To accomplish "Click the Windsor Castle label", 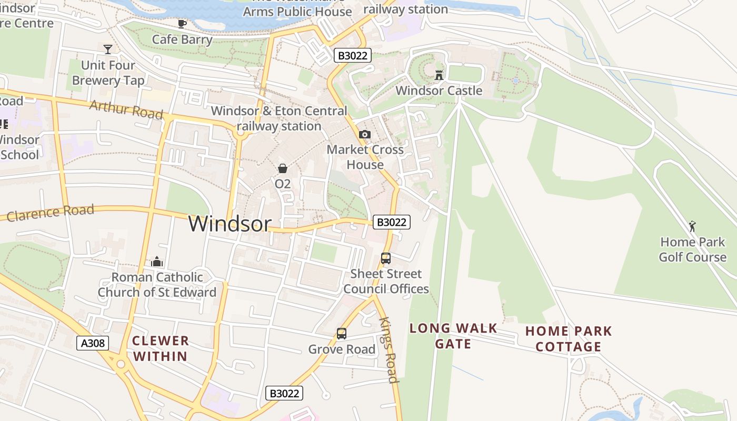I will click(x=439, y=91).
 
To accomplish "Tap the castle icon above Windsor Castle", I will click(x=439, y=75).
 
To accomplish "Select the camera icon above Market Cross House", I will click(x=365, y=135).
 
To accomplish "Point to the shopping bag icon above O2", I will click(x=283, y=168).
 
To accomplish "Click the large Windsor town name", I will click(x=230, y=224).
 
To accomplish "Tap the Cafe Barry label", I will click(x=182, y=39).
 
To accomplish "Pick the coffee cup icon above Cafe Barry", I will click(x=182, y=24).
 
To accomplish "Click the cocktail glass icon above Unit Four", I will click(x=108, y=49).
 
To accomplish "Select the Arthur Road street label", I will click(x=126, y=109).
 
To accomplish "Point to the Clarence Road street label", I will click(x=51, y=213).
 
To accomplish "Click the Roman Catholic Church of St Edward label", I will click(x=157, y=285).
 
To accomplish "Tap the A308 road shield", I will click(x=93, y=344).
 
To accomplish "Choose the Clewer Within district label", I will click(x=160, y=348).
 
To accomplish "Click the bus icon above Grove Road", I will click(x=342, y=334).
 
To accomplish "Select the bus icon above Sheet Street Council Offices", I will click(x=386, y=258).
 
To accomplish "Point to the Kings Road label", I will click(x=388, y=350).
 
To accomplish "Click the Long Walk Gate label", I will click(x=453, y=336).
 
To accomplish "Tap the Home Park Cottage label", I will click(x=569, y=339).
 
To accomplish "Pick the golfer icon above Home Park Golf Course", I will click(x=692, y=226).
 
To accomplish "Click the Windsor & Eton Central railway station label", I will click(x=279, y=118).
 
